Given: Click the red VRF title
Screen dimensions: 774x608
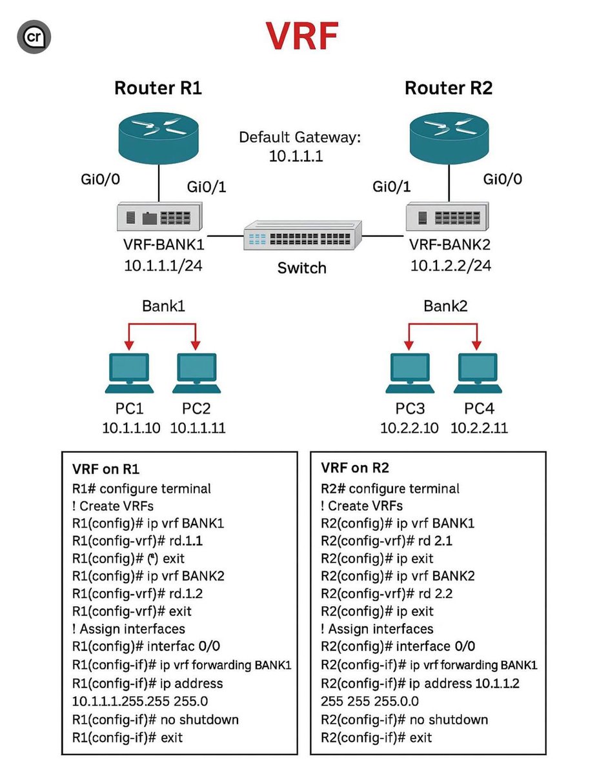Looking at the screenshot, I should click(x=302, y=37).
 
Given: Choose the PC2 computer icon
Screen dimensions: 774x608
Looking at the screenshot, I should click(x=196, y=374).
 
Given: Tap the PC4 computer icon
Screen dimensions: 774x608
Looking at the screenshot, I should click(x=478, y=374).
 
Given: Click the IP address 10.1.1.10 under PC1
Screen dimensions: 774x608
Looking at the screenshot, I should click(x=131, y=428).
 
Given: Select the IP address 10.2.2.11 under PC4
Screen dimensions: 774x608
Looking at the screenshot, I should click(x=479, y=428).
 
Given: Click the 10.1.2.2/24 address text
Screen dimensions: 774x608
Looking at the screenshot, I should click(x=450, y=265).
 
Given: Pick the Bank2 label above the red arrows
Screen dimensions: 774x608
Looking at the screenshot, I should click(x=445, y=306).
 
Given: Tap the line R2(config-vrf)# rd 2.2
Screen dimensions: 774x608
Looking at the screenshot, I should click(x=386, y=593).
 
